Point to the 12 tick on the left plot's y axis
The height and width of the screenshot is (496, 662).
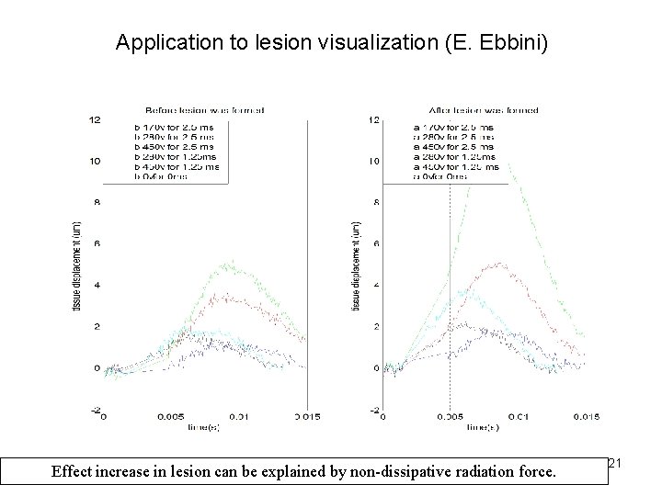click(x=95, y=119)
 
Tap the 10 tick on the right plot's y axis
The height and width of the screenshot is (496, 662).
click(x=373, y=161)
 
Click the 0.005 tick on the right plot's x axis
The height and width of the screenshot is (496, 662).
click(x=450, y=416)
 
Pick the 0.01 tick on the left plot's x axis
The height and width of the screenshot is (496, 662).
click(x=239, y=416)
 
